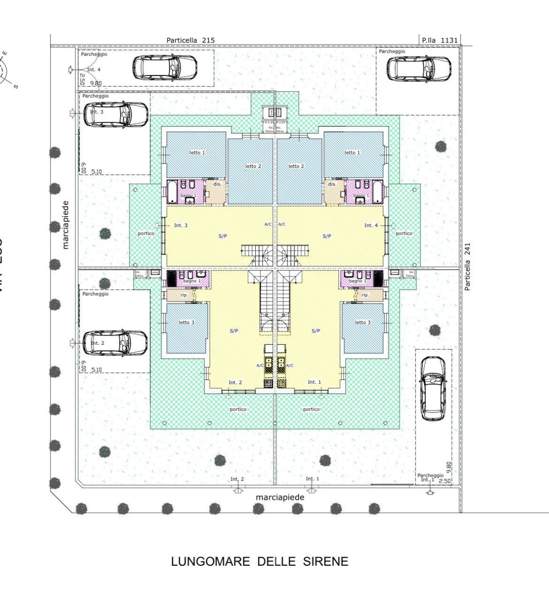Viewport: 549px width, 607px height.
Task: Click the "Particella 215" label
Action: (x=190, y=40)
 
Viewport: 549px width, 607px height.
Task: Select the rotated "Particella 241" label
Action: (x=467, y=267)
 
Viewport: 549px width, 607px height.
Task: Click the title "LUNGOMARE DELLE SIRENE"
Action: (x=260, y=562)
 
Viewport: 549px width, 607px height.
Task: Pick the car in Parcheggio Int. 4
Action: (x=164, y=67)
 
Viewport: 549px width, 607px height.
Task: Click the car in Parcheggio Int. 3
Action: (x=115, y=114)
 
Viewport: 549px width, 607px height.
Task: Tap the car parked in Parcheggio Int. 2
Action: (x=115, y=343)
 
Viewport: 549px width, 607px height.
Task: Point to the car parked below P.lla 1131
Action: (x=419, y=69)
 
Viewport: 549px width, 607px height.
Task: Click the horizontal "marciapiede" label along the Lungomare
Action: (x=280, y=497)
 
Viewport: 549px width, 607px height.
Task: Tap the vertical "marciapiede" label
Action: (x=65, y=225)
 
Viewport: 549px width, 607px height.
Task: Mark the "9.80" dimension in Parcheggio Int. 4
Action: (x=95, y=83)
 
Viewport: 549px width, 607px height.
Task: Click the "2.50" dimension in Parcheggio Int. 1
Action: (x=445, y=481)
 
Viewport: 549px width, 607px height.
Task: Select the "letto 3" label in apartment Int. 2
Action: (x=186, y=322)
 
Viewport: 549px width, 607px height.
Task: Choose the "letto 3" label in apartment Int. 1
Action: (x=363, y=322)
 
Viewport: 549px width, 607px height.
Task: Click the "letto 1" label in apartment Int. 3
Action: (x=197, y=153)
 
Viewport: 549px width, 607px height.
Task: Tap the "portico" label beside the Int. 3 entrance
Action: (x=146, y=233)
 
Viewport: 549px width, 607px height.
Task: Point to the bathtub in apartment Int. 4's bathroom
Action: (x=377, y=192)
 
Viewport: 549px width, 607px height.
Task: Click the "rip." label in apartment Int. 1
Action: (x=365, y=295)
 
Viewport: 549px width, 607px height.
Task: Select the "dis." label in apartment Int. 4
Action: (x=332, y=184)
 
